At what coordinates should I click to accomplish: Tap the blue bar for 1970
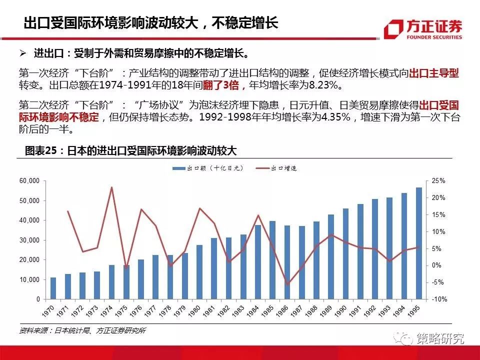(x=53, y=288)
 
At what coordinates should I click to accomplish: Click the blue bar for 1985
(x=272, y=260)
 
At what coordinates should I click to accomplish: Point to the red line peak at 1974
(x=111, y=187)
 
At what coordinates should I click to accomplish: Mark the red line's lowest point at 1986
(x=287, y=284)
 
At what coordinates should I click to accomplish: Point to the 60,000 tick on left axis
(x=29, y=181)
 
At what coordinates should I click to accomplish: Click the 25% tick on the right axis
(x=438, y=181)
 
